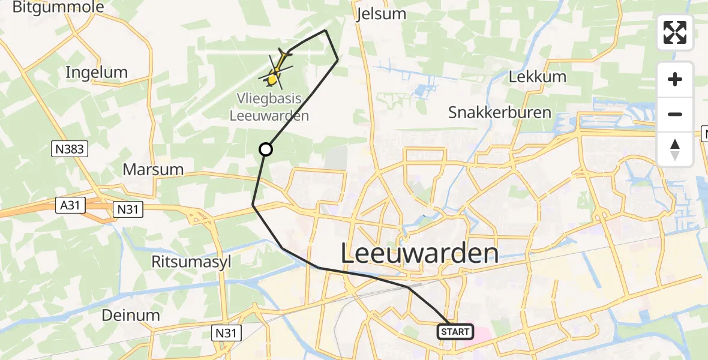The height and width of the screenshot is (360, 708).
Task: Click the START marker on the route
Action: pos(455,331)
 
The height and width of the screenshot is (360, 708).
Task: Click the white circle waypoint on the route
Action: pos(265,149)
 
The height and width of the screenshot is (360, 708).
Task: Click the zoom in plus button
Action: pos(675,80)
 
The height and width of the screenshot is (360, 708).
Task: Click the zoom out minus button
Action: pos(675,115)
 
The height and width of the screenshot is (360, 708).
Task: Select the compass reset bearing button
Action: pos(675,149)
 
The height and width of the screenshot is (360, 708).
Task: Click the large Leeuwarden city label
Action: pos(419,254)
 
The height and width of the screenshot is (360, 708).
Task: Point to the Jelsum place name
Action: pos(380,14)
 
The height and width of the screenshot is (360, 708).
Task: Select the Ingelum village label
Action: pos(97,73)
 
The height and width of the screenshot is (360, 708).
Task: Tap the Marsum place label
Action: pos(153,169)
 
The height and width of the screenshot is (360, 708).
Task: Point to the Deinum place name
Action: pos(131,315)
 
